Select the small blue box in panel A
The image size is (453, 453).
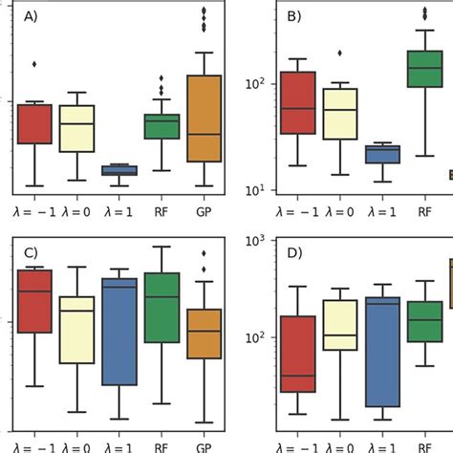[119, 170]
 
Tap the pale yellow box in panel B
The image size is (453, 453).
[339, 114]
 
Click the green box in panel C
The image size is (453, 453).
[162, 308]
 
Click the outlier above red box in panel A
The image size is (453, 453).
[34, 64]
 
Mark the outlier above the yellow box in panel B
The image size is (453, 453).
[339, 54]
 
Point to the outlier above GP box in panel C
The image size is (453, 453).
[205, 253]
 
